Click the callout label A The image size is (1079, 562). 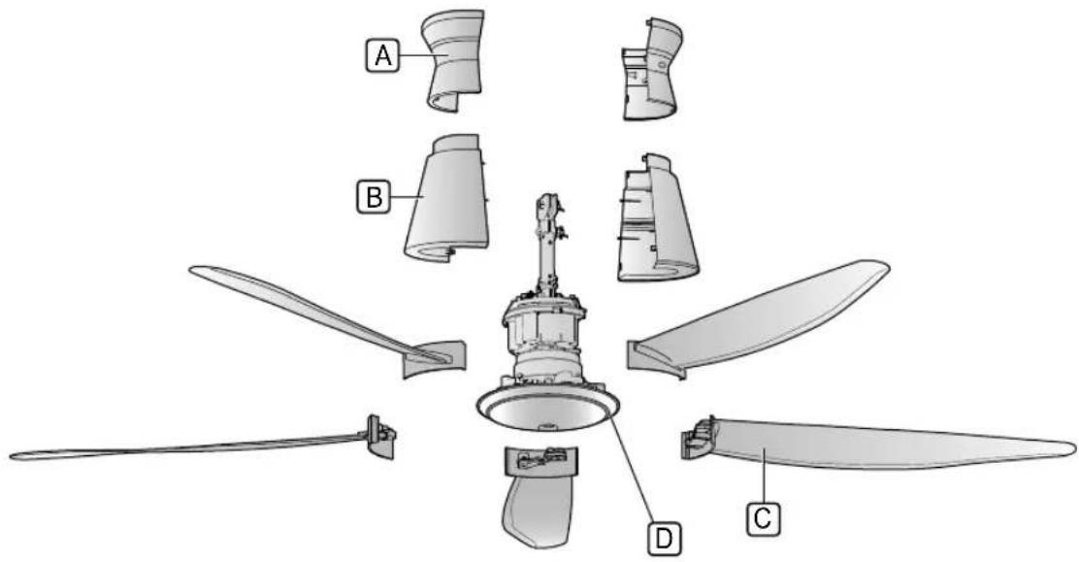(x=382, y=55)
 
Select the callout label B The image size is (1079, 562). (x=373, y=198)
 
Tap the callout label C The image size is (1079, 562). (x=763, y=518)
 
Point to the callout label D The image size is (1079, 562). (x=664, y=538)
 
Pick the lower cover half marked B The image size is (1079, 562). (x=448, y=199)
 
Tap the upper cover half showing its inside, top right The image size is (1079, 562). (x=652, y=68)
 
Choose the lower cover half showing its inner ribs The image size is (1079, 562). (x=657, y=219)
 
